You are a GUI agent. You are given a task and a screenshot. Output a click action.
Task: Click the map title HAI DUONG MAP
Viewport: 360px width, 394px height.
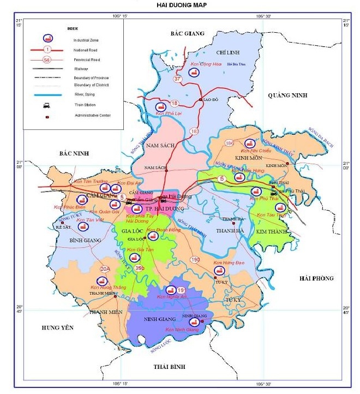[x=181, y=4]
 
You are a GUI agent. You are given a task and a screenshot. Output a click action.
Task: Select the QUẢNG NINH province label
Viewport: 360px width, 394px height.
[x=287, y=95]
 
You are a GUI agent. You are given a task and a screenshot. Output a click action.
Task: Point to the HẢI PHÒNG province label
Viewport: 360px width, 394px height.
[x=316, y=278]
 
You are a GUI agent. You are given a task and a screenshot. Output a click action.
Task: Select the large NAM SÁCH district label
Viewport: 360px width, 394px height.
[x=160, y=146]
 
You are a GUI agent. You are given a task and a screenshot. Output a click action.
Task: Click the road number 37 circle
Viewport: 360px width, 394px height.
[x=177, y=79]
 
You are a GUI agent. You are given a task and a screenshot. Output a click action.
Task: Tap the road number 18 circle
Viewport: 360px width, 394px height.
[x=174, y=103]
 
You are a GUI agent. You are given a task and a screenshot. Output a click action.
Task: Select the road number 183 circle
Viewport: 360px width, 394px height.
[x=195, y=131]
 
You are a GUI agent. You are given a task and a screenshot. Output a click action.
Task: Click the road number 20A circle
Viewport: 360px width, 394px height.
[x=105, y=268]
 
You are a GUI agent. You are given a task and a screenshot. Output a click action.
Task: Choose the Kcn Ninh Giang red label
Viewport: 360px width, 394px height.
[x=182, y=330]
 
